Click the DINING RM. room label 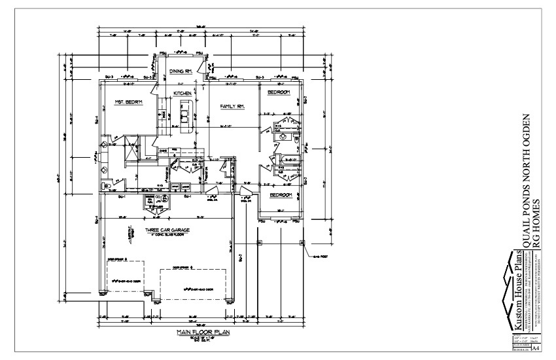180,71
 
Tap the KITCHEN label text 182,94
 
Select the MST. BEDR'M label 128,102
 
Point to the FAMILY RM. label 232,105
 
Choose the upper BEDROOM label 279,93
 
